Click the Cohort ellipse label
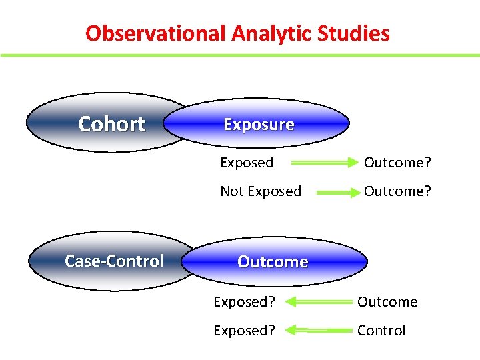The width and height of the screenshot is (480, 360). tap(111, 124)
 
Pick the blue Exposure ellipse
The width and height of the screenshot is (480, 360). tap(259, 125)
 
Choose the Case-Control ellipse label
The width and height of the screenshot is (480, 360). tap(114, 261)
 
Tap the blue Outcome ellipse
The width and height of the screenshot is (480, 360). tap(273, 262)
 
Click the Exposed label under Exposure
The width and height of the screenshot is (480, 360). tap(247, 163)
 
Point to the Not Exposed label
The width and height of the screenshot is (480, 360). tap(261, 191)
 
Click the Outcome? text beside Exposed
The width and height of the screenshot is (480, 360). tap(397, 163)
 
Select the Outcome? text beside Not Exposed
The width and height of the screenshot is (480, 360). tap(397, 191)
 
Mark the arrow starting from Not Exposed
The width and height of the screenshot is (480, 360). tap(337, 192)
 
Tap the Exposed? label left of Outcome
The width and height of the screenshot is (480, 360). tap(244, 302)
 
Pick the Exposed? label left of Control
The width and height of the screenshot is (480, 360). tap(244, 331)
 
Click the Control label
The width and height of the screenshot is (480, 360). tap(381, 331)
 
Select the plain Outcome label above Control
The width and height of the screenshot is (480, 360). tap(387, 302)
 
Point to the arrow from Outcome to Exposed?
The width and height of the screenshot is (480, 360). tap(318, 302)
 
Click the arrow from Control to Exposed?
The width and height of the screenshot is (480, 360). tap(318, 331)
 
